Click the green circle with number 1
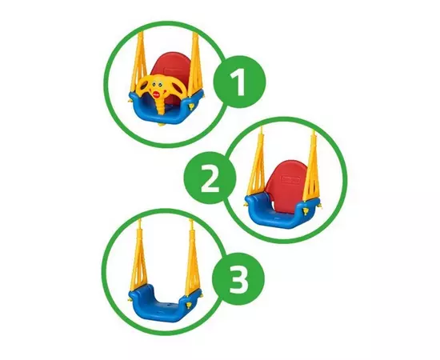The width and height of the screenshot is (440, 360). click(x=239, y=82)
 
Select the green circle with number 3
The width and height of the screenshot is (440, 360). click(x=238, y=278)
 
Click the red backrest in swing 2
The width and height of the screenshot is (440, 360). click(x=286, y=182)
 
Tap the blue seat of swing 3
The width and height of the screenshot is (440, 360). click(x=165, y=304)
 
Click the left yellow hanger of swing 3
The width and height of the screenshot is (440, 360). click(x=138, y=258)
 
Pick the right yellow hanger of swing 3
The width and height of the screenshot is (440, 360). click(x=193, y=259)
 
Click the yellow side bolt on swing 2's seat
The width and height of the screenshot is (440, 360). click(x=306, y=211)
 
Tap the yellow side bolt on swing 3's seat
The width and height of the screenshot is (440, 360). click(x=189, y=305)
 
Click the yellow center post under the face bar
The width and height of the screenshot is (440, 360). click(x=161, y=107)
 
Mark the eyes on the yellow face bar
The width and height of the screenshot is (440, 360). click(x=156, y=85)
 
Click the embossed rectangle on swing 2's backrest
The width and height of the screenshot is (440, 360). click(x=291, y=179)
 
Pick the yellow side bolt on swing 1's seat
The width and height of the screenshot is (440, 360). click(x=192, y=107)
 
